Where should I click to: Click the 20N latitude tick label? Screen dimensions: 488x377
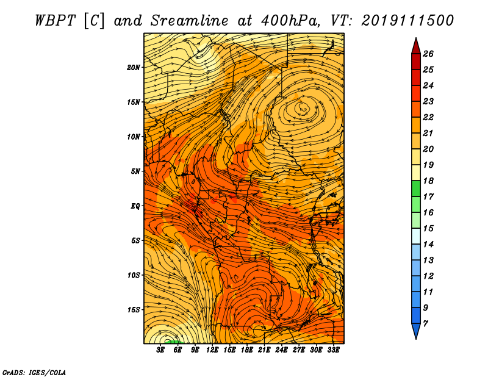[134, 67]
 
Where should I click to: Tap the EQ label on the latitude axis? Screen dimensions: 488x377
[135, 206]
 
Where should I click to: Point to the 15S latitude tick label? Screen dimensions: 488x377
[134, 309]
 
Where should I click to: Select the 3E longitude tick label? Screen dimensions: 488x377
[160, 350]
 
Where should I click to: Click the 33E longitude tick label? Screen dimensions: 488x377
[333, 350]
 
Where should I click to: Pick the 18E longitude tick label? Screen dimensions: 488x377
[247, 350]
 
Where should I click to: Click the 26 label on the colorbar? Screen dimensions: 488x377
[428, 54]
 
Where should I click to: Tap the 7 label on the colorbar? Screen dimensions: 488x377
[426, 323]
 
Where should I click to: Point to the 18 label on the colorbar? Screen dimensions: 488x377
[428, 181]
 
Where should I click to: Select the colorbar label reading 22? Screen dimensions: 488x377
[428, 117]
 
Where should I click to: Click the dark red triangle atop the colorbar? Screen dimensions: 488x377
[416, 46]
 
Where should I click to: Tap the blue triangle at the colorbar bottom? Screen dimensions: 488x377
[416, 331]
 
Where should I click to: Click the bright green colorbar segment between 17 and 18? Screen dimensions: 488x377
[416, 188]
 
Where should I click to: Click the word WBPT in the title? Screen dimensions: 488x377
[56, 21]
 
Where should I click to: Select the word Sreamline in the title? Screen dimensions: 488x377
[189, 21]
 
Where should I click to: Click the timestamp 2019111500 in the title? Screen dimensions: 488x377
[407, 21]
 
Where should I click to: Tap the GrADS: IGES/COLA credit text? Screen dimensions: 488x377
[34, 373]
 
